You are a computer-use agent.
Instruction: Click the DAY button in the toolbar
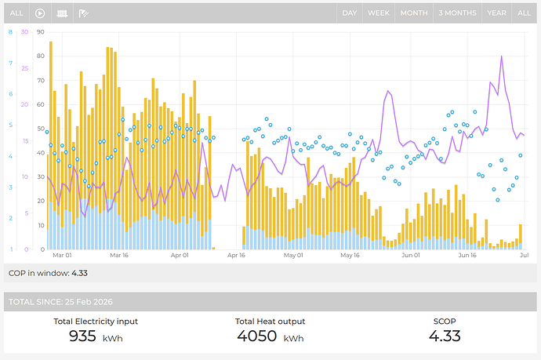349,13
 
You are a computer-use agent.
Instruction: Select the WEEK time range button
379,13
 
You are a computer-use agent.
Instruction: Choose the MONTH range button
414,13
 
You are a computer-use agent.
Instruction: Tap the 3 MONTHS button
458,13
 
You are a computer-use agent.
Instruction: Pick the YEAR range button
496,13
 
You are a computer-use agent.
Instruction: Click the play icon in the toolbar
40,13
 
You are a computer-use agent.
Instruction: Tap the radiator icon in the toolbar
62,13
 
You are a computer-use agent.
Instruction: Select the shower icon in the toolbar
83,13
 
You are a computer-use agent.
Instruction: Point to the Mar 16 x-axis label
119,255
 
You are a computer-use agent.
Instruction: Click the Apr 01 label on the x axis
180,255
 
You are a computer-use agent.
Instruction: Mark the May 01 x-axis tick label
293,255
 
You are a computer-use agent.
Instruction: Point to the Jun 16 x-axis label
467,255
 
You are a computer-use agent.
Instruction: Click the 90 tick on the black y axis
41,32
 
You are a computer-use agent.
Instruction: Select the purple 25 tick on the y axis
25,68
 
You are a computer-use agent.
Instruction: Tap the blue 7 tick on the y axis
11,64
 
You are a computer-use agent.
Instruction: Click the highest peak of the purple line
501,56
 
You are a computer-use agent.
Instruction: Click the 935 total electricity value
82,336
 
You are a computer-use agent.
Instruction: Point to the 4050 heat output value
256,336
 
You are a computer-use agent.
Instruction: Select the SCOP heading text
445,322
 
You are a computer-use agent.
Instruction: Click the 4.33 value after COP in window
80,273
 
